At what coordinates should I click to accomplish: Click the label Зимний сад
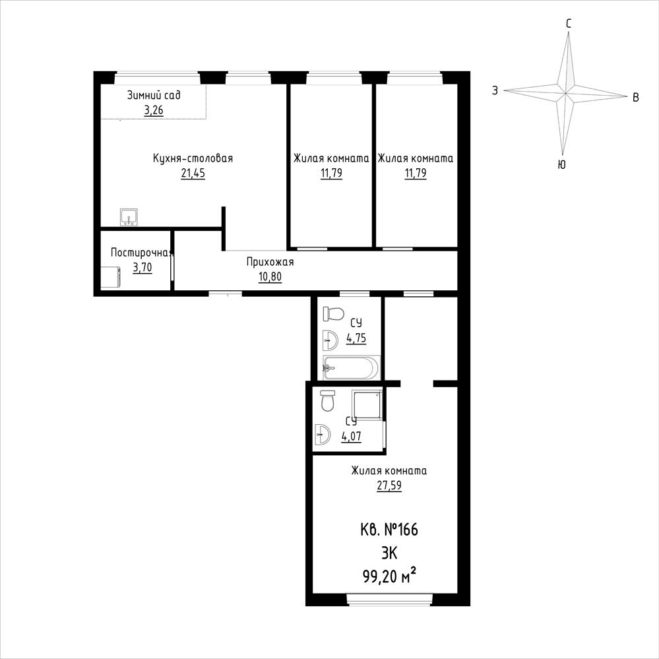click(x=154, y=95)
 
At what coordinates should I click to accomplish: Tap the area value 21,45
click(x=193, y=173)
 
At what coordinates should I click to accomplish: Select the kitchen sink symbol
click(x=129, y=217)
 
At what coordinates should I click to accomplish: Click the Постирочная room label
click(x=142, y=252)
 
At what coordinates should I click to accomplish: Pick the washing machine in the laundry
click(x=111, y=277)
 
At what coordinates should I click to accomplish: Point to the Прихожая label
click(x=270, y=263)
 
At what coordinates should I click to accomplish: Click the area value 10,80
click(x=270, y=277)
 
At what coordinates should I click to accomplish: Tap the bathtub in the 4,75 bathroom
click(x=351, y=367)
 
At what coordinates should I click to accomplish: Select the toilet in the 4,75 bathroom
click(x=333, y=313)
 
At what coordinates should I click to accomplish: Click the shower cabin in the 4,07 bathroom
click(x=367, y=405)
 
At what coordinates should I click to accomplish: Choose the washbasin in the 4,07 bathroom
click(x=323, y=434)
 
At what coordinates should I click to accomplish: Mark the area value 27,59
click(x=389, y=486)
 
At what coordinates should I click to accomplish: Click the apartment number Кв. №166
click(x=389, y=530)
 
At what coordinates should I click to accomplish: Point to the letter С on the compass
click(x=568, y=24)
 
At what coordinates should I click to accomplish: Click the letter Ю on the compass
click(x=561, y=165)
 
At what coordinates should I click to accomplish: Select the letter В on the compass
click(x=636, y=98)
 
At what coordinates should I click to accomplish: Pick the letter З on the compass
click(x=495, y=90)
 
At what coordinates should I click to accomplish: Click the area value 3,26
click(x=154, y=110)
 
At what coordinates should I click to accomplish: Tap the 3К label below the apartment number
click(x=389, y=553)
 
